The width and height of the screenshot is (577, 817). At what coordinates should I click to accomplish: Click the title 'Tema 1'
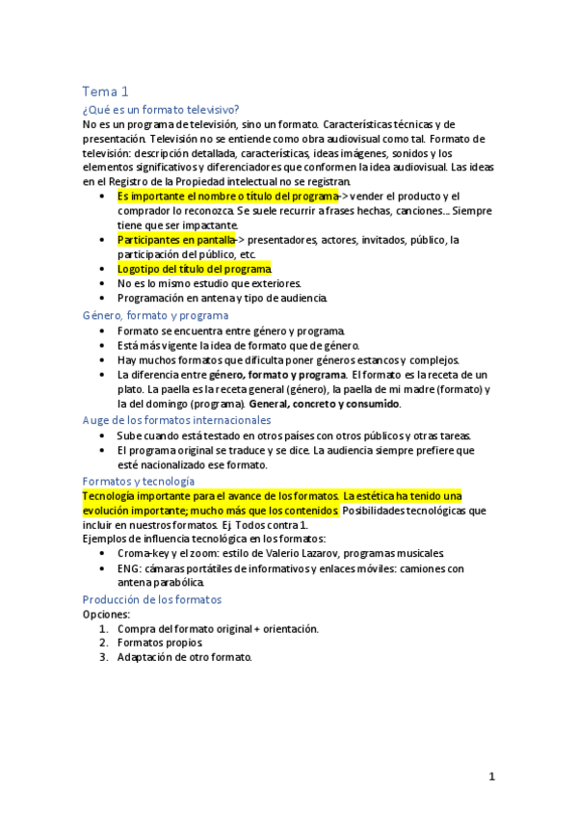(x=105, y=92)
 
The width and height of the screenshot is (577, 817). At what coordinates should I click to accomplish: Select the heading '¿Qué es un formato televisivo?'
(x=161, y=110)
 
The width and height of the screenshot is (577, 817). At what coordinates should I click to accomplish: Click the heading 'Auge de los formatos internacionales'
(x=177, y=420)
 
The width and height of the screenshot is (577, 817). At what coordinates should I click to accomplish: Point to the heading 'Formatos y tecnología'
(x=139, y=481)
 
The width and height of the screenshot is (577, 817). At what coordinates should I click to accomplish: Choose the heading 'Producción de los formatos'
(x=152, y=599)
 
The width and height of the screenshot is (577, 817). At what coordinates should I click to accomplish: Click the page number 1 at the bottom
(x=491, y=777)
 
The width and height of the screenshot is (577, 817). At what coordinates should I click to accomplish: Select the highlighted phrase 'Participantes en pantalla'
(x=176, y=240)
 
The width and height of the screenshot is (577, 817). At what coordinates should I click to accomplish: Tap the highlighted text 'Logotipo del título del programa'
(x=194, y=269)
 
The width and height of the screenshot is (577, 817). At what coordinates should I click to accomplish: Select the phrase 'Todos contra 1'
(x=275, y=524)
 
